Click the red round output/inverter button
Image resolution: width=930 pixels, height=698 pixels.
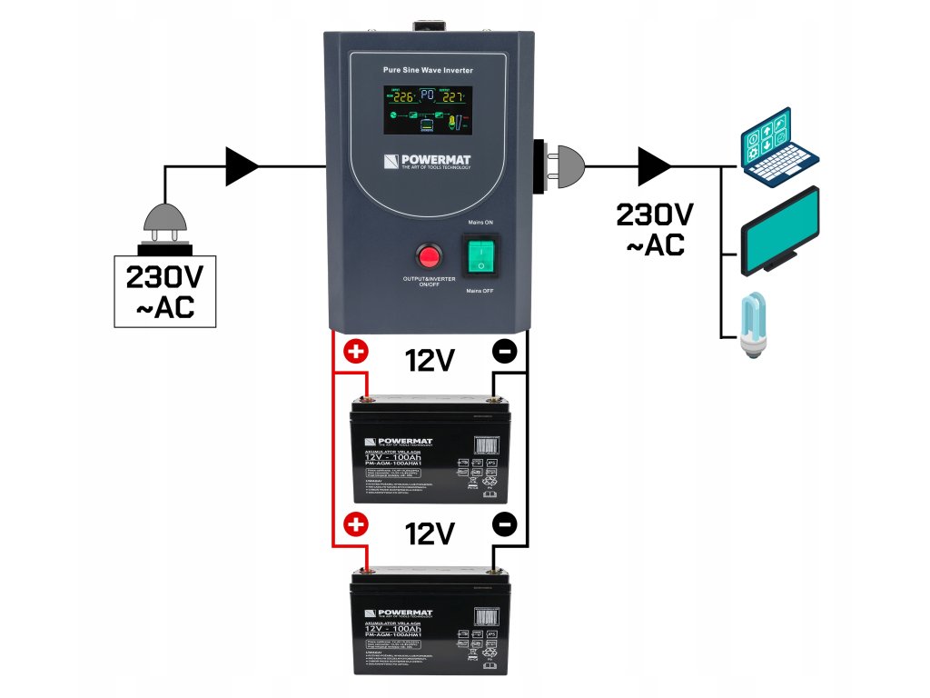(427, 254)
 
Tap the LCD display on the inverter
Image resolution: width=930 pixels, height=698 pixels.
(428, 111)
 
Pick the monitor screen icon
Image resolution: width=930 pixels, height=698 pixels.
(781, 231)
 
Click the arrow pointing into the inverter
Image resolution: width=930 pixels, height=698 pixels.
(242, 166)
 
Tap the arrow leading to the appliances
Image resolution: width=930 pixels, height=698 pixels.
(654, 166)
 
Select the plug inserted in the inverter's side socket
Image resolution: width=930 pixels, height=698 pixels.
(559, 166)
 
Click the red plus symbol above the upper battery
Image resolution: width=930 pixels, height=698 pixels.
(357, 352)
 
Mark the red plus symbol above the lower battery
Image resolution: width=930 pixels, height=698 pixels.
(357, 524)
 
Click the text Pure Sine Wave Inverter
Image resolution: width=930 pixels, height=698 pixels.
(428, 70)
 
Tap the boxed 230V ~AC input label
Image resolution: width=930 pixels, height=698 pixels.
(164, 291)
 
